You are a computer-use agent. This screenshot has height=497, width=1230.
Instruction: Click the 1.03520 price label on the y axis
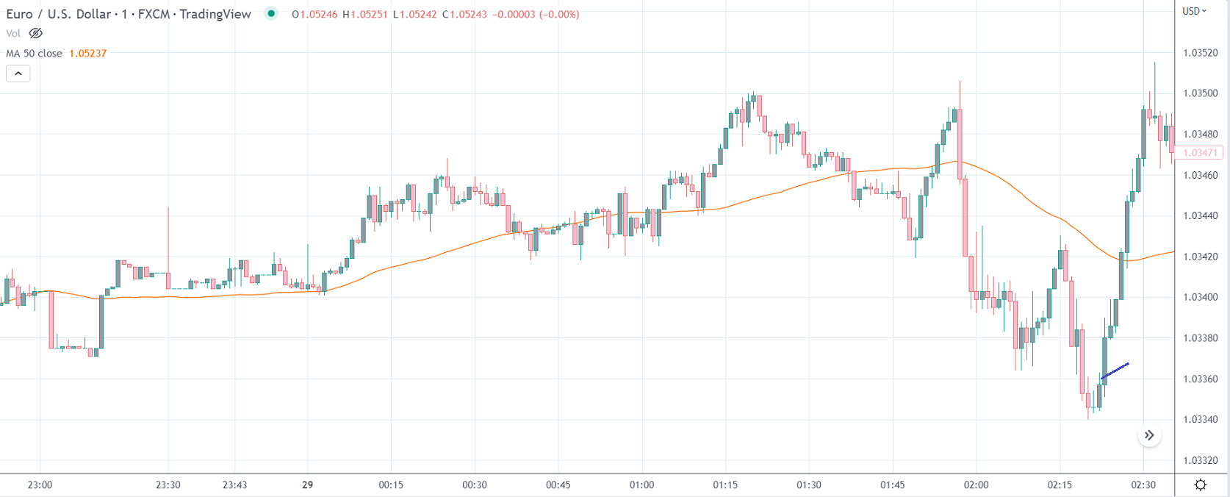pyautogui.click(x=1200, y=53)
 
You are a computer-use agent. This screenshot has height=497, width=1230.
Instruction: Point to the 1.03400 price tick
pyautogui.click(x=1200, y=297)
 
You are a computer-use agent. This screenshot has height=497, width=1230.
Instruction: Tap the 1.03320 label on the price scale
pyautogui.click(x=1200, y=460)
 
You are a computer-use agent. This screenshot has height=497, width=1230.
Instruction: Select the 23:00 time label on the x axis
pyautogui.click(x=40, y=485)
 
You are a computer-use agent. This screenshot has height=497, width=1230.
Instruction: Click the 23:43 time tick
pyautogui.click(x=235, y=485)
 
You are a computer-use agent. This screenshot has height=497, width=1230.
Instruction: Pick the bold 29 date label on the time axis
pyautogui.click(x=307, y=485)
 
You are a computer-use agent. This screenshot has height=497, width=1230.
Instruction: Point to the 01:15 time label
pyautogui.click(x=725, y=485)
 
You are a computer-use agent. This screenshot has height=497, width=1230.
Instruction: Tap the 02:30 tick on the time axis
pyautogui.click(x=1143, y=485)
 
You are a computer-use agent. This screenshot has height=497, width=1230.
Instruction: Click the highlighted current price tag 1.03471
pyautogui.click(x=1200, y=153)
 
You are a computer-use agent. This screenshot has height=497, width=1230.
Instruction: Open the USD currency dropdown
pyautogui.click(x=1194, y=11)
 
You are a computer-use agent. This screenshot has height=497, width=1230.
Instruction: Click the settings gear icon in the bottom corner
pyautogui.click(x=1201, y=485)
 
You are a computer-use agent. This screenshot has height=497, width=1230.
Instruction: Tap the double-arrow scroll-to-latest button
pyautogui.click(x=1149, y=435)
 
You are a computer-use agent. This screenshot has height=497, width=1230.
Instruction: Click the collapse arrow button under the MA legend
pyautogui.click(x=18, y=74)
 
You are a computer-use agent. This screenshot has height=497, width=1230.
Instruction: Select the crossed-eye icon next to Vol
pyautogui.click(x=35, y=33)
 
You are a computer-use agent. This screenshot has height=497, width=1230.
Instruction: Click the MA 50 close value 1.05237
pyautogui.click(x=87, y=54)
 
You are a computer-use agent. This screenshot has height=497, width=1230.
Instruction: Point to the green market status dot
pyautogui.click(x=271, y=13)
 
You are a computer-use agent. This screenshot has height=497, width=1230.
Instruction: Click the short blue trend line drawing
pyautogui.click(x=1115, y=371)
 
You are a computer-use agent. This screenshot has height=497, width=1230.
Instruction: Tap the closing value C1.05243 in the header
pyautogui.click(x=464, y=14)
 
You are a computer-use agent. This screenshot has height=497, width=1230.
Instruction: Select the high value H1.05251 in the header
pyautogui.click(x=364, y=14)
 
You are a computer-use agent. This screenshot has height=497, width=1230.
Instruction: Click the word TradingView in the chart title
pyautogui.click(x=215, y=14)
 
